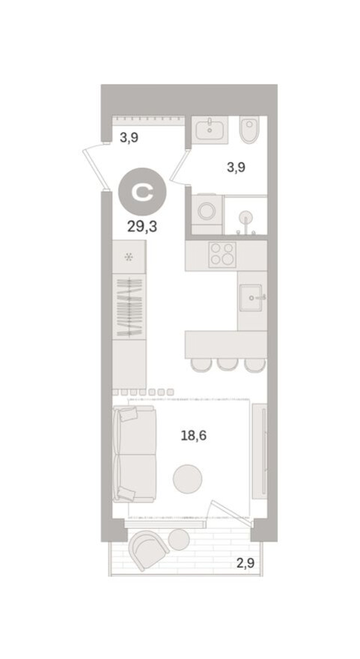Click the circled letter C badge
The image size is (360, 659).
click(x=142, y=192)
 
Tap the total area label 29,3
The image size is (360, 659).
click(x=142, y=227)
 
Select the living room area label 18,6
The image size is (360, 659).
click(x=194, y=435)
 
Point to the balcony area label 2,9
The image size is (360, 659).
click(x=245, y=562)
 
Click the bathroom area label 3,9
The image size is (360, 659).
click(x=236, y=167)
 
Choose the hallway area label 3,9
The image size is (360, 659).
click(x=129, y=137)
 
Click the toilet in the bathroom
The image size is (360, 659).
click(x=250, y=130)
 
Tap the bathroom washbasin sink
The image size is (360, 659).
click(x=210, y=130)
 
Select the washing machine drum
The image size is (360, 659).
click(x=207, y=210)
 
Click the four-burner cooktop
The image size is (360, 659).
click(x=222, y=255)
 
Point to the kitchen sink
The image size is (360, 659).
click(x=251, y=297)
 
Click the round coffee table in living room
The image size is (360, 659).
click(x=187, y=479)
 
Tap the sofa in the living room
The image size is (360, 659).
click(x=135, y=454)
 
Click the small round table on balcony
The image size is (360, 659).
click(x=179, y=540)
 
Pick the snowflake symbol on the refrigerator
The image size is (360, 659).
click(x=129, y=257)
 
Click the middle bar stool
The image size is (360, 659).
click(x=228, y=365)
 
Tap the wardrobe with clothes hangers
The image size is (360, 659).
click(x=129, y=307)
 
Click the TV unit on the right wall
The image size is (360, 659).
click(x=260, y=451)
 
